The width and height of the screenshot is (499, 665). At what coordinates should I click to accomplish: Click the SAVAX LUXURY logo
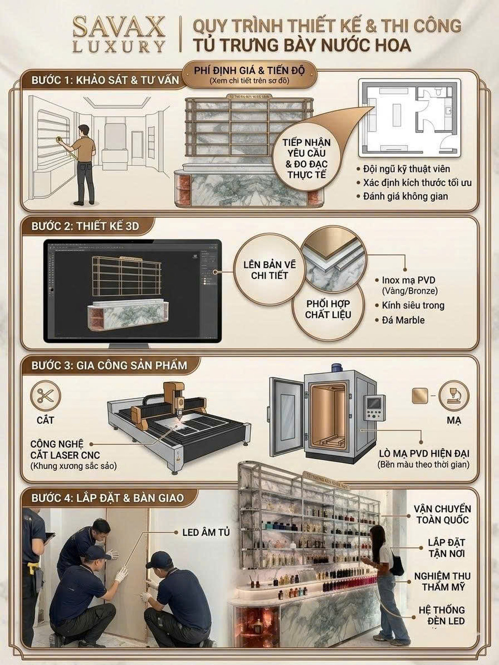coord(119,34)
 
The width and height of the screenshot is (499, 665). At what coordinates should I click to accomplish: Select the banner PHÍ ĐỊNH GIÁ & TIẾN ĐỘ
coord(249,74)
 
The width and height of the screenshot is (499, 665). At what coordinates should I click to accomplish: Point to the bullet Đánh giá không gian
coord(405,196)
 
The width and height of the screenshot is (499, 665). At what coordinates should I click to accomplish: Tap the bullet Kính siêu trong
coord(413,305)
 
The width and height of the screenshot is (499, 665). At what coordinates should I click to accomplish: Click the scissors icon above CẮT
coord(46,396)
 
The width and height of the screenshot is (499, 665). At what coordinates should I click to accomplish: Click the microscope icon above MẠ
coord(454,396)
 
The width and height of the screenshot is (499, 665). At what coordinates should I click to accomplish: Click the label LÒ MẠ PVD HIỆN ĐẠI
coord(424,453)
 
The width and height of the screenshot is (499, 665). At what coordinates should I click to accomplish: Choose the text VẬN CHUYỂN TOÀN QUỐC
coord(442,514)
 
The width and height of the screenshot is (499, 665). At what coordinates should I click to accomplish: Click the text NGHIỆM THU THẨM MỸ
coord(442,581)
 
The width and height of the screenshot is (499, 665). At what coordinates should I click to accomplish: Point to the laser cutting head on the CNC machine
coord(180,404)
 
